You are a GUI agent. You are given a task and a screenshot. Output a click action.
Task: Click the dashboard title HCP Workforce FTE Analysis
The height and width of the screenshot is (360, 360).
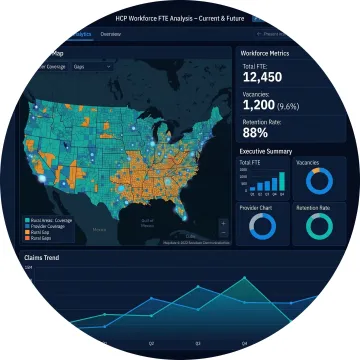coord(165,19)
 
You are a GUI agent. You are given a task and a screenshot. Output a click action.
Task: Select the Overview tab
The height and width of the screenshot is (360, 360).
coord(111,34)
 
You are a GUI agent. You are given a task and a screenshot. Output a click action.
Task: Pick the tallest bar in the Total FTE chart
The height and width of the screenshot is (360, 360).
coord(278,181)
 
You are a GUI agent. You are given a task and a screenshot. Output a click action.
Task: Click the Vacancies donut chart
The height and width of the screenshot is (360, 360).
coord(319,181)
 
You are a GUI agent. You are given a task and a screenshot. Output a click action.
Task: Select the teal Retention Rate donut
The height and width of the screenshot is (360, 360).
coord(319,227)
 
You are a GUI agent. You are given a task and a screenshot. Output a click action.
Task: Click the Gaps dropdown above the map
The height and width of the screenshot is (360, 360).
coord(101,69)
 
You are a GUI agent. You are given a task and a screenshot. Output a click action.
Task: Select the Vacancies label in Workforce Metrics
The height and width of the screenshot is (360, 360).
coord(259,96)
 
